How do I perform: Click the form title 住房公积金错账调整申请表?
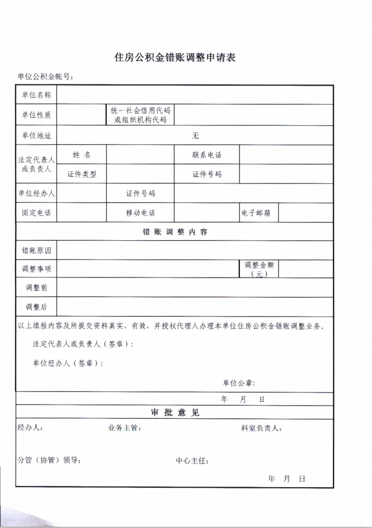pyautogui.click(x=176, y=57)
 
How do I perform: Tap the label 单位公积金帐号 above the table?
pyautogui.click(x=45, y=77)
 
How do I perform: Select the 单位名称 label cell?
pyautogui.click(x=36, y=95)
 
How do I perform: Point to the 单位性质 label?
pyautogui.click(x=36, y=115)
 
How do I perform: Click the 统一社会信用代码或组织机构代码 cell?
pyautogui.click(x=140, y=115)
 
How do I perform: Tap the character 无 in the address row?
pyautogui.click(x=195, y=136)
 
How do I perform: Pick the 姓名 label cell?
pyautogui.click(x=82, y=155)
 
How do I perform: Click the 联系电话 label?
pyautogui.click(x=207, y=155)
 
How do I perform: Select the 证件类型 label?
pyautogui.click(x=82, y=174)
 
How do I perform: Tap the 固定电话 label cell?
pyautogui.click(x=36, y=213)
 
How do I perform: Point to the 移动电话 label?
pyautogui.click(x=140, y=213)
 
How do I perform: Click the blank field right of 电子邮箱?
pyautogui.click(x=305, y=213)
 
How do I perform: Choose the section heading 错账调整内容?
pyautogui.click(x=175, y=232)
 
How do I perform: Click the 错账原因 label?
pyautogui.click(x=36, y=250)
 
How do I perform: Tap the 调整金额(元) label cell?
pyautogui.click(x=258, y=269)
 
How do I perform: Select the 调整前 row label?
pyautogui.click(x=36, y=287)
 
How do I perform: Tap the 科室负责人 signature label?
pyautogui.click(x=261, y=428)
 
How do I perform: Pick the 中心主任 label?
pyautogui.click(x=192, y=460)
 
